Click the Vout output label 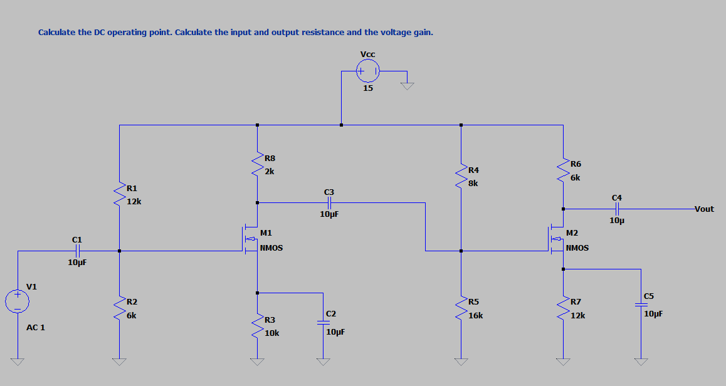704,209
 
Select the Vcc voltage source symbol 368,72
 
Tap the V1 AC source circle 18,301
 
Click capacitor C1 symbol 76,251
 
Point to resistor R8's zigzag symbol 257,165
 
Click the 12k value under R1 134,202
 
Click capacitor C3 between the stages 329,202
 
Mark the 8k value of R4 473,184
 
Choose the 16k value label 476,316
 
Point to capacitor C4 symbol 616,209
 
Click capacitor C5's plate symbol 641,304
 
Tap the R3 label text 270,320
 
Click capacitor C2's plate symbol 322,322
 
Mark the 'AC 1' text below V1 36,328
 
